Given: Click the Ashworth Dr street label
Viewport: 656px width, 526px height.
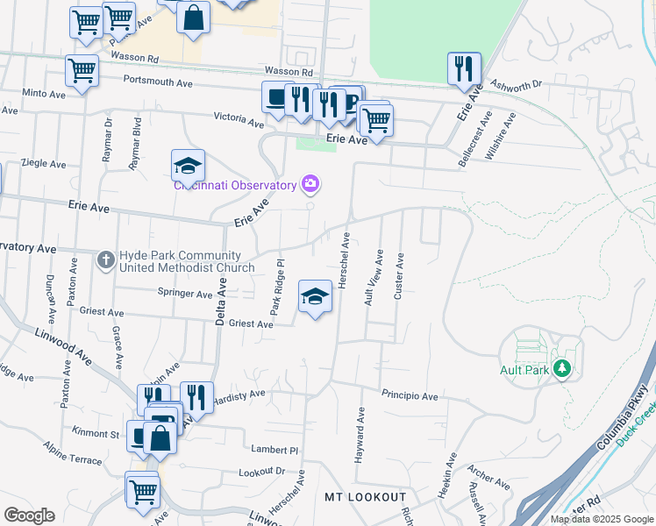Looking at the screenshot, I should [x=517, y=85].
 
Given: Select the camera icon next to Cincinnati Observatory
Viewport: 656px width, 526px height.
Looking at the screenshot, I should [x=310, y=184].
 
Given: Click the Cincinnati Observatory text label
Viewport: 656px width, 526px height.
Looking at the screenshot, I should [x=234, y=185].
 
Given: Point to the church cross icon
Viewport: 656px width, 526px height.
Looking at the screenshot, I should [x=104, y=259].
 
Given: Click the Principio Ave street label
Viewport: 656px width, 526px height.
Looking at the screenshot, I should [x=410, y=396].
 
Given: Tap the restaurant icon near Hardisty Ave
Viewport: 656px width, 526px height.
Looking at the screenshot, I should [x=196, y=398].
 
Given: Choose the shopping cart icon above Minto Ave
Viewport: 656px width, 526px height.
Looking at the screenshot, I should [x=82, y=71].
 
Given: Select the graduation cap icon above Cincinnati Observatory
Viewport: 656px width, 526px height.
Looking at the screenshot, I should [x=187, y=165].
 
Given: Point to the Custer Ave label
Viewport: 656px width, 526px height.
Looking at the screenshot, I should [x=399, y=277].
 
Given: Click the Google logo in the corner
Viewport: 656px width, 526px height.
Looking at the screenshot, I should [x=29, y=515].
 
